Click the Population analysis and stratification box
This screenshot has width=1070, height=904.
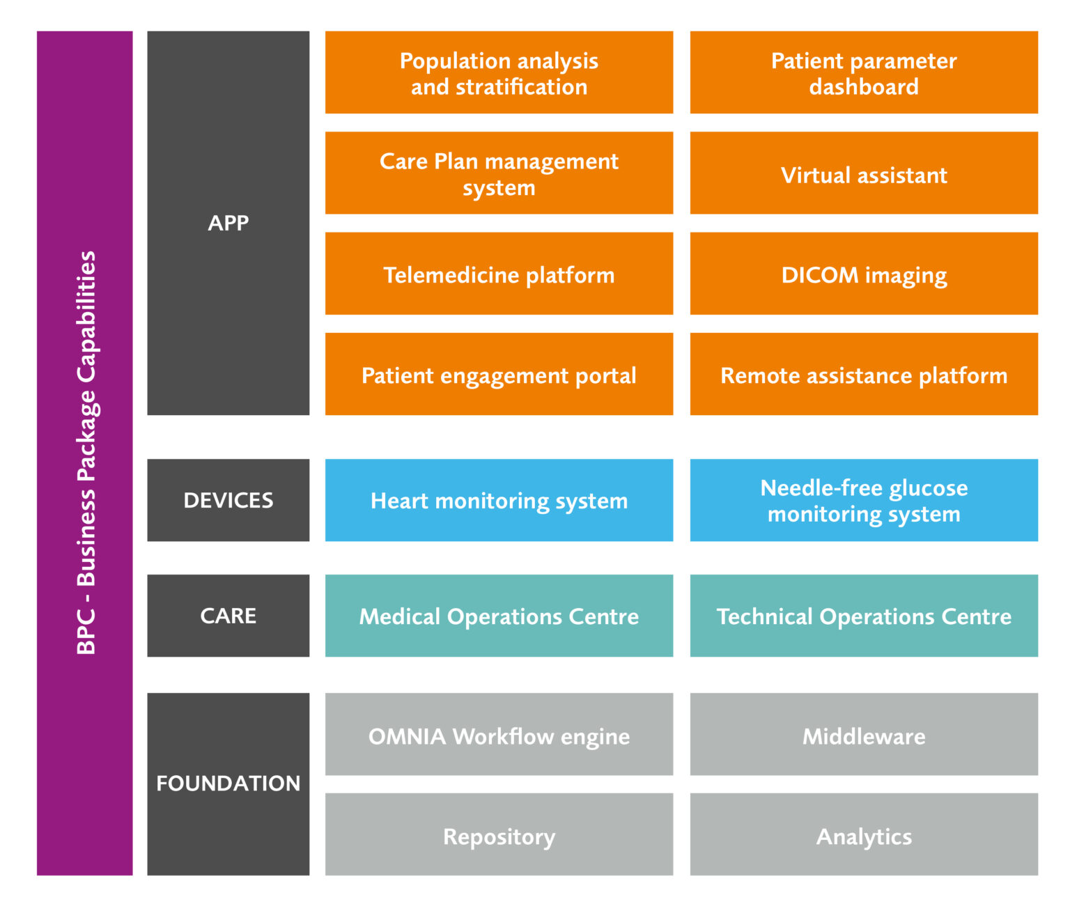pyautogui.click(x=499, y=72)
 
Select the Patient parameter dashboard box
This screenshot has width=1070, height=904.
pyautogui.click(x=864, y=72)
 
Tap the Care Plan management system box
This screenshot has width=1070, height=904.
pyautogui.click(x=499, y=173)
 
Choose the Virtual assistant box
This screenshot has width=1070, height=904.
pyautogui.click(x=864, y=174)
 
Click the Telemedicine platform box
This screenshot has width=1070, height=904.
pyautogui.click(x=499, y=274)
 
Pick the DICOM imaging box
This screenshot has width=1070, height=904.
pyautogui.click(x=864, y=274)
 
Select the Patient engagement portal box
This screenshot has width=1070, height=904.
pyautogui.click(x=499, y=375)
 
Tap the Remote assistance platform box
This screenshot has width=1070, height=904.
pyautogui.click(x=864, y=375)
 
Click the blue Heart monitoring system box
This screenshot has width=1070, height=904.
pyautogui.click(x=499, y=500)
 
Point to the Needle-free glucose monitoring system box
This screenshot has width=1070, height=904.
pyautogui.click(x=864, y=500)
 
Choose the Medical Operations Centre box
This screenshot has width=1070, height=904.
pyautogui.click(x=499, y=616)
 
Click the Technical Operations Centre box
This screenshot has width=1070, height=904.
pyautogui.click(x=864, y=616)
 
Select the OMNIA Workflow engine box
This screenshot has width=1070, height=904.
pyautogui.click(x=499, y=735)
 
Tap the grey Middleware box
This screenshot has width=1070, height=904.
pyautogui.click(x=864, y=735)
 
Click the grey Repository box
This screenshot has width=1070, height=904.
pyautogui.click(x=499, y=835)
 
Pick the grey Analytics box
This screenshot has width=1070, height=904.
pyautogui.click(x=864, y=835)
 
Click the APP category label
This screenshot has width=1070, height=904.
pyautogui.click(x=228, y=223)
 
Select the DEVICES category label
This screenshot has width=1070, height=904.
pyautogui.click(x=228, y=500)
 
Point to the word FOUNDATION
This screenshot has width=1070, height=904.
pyautogui.click(x=228, y=783)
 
